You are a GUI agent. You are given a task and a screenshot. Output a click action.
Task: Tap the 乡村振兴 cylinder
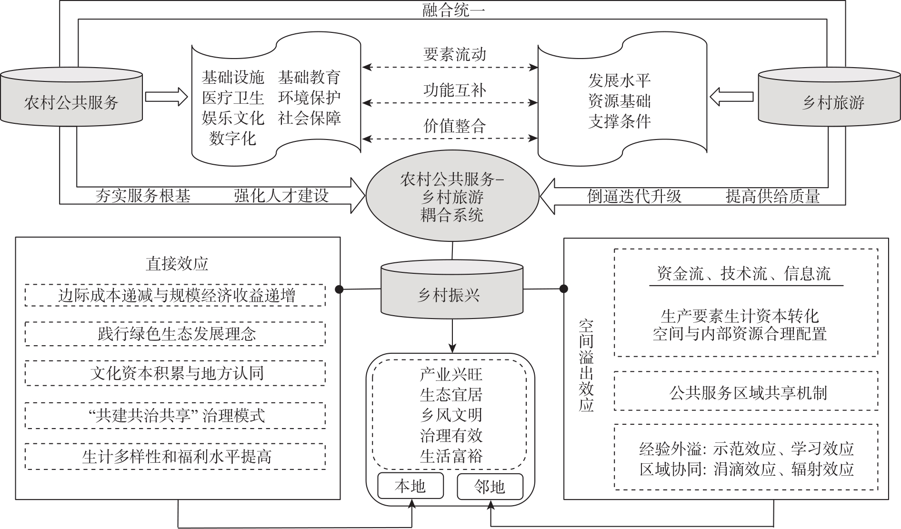[x=451, y=290]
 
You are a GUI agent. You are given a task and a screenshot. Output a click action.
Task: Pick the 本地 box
[x=410, y=486]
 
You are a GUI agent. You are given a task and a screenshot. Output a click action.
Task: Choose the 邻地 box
[x=490, y=486]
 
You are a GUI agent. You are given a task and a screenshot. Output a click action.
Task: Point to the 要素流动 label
[x=454, y=54]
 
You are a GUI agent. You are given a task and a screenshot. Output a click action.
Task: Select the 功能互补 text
[x=454, y=90]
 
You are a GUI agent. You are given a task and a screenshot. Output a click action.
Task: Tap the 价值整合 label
[x=454, y=126]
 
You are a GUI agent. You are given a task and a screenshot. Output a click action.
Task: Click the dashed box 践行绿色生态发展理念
[x=175, y=334]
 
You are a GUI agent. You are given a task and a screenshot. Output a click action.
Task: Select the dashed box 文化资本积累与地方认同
[x=175, y=373]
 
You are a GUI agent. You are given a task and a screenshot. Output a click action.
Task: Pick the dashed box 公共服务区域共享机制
[x=746, y=391]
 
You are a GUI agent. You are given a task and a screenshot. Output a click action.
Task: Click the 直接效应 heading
[x=177, y=264]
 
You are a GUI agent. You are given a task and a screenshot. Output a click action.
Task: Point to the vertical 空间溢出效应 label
[x=586, y=366]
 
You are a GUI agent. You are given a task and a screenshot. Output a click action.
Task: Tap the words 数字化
[x=232, y=139]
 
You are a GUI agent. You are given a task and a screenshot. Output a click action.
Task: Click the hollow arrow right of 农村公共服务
[x=167, y=97]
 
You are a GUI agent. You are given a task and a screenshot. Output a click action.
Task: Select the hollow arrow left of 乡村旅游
[x=731, y=97]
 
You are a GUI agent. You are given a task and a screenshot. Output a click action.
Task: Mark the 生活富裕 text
[x=451, y=456]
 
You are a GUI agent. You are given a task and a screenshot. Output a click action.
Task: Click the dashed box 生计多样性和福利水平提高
[x=175, y=457]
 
